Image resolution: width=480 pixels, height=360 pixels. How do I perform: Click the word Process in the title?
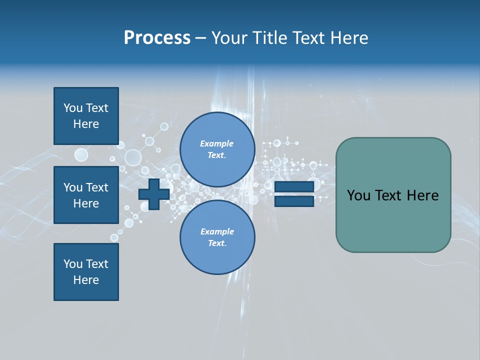(157, 38)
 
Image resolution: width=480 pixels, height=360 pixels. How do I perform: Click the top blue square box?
(86, 116)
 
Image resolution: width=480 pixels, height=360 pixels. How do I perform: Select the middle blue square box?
(86, 195)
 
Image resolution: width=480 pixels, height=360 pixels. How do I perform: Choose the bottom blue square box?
(86, 272)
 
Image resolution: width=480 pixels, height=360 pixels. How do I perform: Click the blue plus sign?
(154, 194)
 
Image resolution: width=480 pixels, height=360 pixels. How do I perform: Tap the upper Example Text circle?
(217, 149)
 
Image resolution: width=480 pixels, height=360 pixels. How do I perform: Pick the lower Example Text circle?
(217, 237)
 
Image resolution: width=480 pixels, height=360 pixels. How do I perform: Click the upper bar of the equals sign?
(294, 186)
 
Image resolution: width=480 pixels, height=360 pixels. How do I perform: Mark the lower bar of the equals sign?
(294, 201)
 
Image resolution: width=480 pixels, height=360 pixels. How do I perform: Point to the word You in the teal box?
(358, 195)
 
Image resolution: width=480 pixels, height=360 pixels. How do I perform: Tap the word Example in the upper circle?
(217, 143)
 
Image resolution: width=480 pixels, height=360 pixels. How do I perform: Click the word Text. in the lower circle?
(217, 243)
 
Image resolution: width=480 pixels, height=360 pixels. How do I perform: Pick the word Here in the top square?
(86, 124)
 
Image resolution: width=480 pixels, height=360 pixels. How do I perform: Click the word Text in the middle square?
(97, 187)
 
